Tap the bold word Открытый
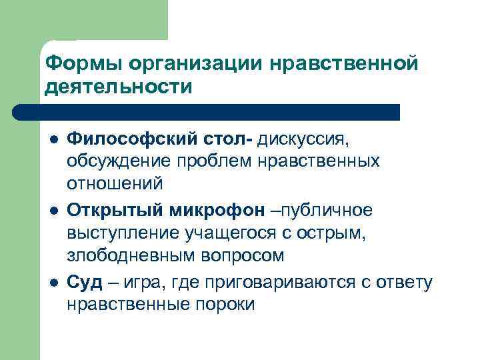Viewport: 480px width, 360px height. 109,211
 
